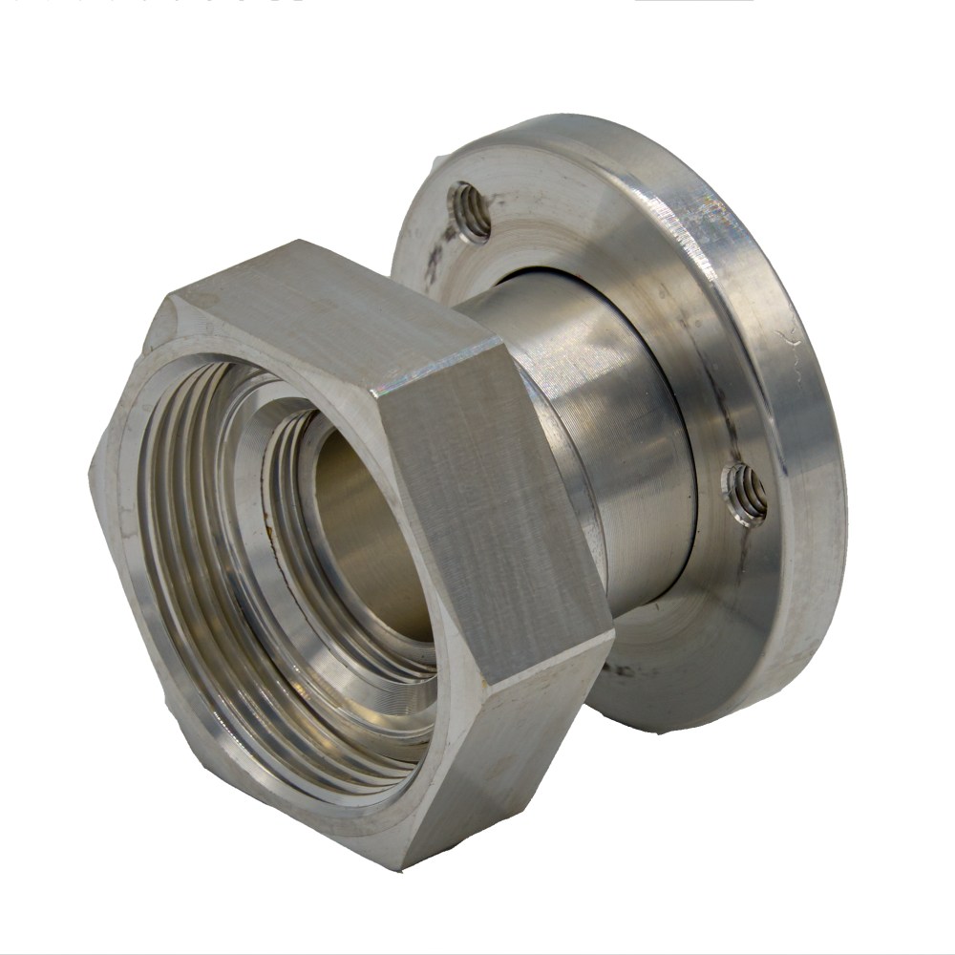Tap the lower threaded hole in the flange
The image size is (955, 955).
point(747,494)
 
